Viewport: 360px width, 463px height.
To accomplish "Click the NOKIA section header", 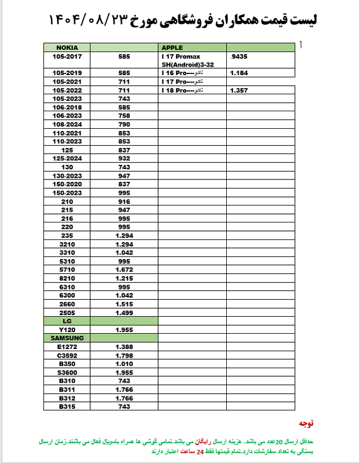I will tap(67, 47).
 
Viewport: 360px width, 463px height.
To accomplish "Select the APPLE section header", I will tap(173, 47).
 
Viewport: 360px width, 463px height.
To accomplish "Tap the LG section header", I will tap(67, 321).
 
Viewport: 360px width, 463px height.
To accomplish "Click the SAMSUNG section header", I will tap(67, 338).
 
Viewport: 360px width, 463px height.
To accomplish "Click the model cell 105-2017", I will tap(67, 56).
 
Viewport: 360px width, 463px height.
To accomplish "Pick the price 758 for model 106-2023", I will tap(124, 116).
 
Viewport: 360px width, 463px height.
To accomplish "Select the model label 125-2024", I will tap(67, 159).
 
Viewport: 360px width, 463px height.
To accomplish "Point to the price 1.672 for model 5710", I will tap(124, 270).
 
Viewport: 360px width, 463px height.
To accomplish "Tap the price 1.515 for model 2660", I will tap(124, 304).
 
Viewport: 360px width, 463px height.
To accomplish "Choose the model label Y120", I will tap(67, 329).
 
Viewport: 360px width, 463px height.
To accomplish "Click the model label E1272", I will tap(67, 347).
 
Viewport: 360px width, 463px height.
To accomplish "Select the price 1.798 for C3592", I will tap(124, 355).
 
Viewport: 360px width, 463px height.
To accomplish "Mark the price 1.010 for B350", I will tap(124, 364).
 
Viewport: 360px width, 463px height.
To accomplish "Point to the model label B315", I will tap(67, 406).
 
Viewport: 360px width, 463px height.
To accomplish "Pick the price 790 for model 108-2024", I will tap(124, 124).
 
